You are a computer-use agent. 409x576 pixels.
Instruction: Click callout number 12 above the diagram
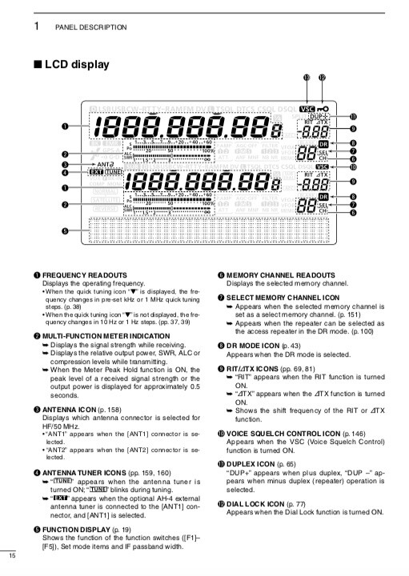click(322, 78)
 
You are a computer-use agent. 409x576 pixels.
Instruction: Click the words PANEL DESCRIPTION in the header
click(90, 27)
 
